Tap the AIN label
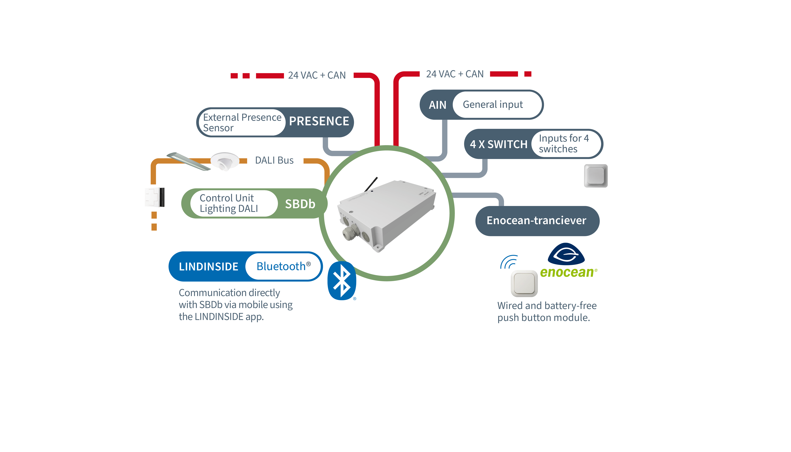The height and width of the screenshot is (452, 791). [x=437, y=105]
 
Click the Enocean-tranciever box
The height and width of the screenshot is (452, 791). [x=537, y=221]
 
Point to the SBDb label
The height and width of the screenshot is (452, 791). [x=300, y=204]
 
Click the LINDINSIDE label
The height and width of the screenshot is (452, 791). [x=208, y=267]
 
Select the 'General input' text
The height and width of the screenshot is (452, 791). [x=493, y=105]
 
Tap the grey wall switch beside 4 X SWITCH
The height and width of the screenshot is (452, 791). [x=595, y=176]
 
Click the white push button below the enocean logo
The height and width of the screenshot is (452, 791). [x=524, y=283]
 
